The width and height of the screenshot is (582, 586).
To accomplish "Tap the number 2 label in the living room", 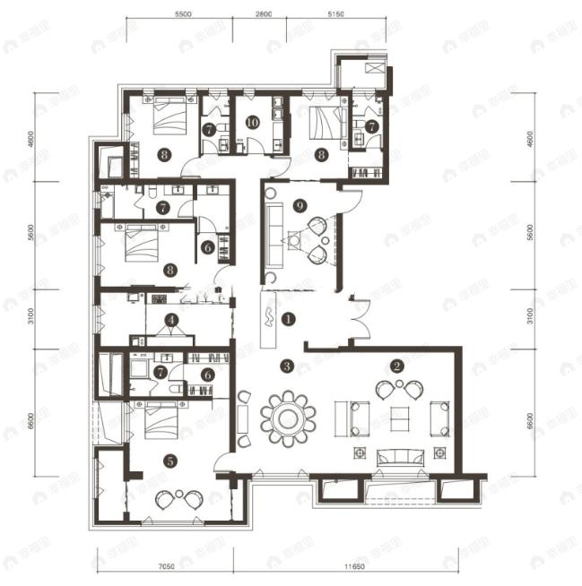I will (396, 366).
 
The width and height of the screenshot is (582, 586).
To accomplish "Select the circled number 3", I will (286, 366).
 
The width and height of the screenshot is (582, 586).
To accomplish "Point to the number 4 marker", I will (171, 318).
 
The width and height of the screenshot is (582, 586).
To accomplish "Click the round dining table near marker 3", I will (289, 418).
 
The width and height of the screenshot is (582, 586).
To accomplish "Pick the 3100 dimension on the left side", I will (30, 315).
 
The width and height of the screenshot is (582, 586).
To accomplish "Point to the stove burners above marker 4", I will (160, 298).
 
